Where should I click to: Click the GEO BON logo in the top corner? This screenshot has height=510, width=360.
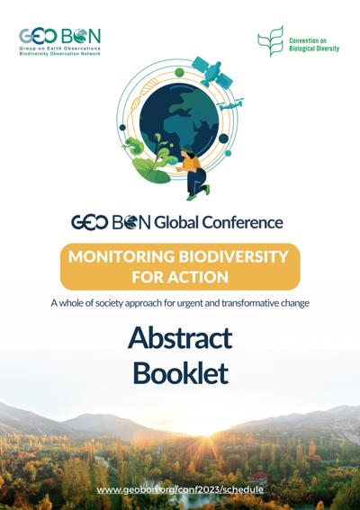point(60,42)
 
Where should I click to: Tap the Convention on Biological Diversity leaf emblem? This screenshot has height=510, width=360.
point(271,41)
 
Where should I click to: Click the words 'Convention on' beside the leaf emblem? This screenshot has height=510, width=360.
point(308,40)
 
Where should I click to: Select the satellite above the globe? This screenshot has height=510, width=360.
point(212,72)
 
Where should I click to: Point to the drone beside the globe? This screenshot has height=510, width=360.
point(230,104)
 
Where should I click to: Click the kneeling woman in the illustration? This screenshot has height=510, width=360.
point(193,174)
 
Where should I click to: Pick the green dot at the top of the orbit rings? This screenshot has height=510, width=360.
point(179,73)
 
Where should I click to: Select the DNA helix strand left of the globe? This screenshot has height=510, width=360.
point(139,102)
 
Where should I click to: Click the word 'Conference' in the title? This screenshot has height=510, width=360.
point(242,223)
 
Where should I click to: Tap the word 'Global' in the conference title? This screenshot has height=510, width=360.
point(175,223)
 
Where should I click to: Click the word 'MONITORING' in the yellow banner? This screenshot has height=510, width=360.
point(121,256)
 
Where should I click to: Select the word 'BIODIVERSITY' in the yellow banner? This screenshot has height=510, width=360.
point(233,256)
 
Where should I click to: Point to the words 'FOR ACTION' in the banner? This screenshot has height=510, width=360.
point(180,277)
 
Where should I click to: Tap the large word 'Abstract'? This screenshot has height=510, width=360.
point(180,338)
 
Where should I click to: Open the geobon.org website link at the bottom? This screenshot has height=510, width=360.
point(180,490)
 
